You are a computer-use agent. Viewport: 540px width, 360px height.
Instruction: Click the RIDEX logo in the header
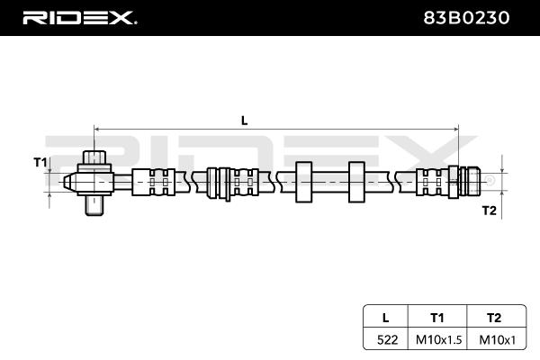pyautogui.click(x=78, y=17)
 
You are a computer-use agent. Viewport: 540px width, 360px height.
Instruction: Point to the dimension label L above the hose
pyautogui.click(x=244, y=119)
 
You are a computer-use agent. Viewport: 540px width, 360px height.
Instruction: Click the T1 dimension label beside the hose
pyautogui.click(x=40, y=162)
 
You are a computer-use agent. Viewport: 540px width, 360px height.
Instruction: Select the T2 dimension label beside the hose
pyautogui.click(x=489, y=211)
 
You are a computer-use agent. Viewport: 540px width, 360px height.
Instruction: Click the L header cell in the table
pyautogui.click(x=384, y=317)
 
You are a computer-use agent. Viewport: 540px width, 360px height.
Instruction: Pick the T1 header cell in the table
pyautogui.click(x=437, y=317)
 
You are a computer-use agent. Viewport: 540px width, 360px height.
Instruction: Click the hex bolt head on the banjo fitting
pyautogui.click(x=94, y=158)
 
